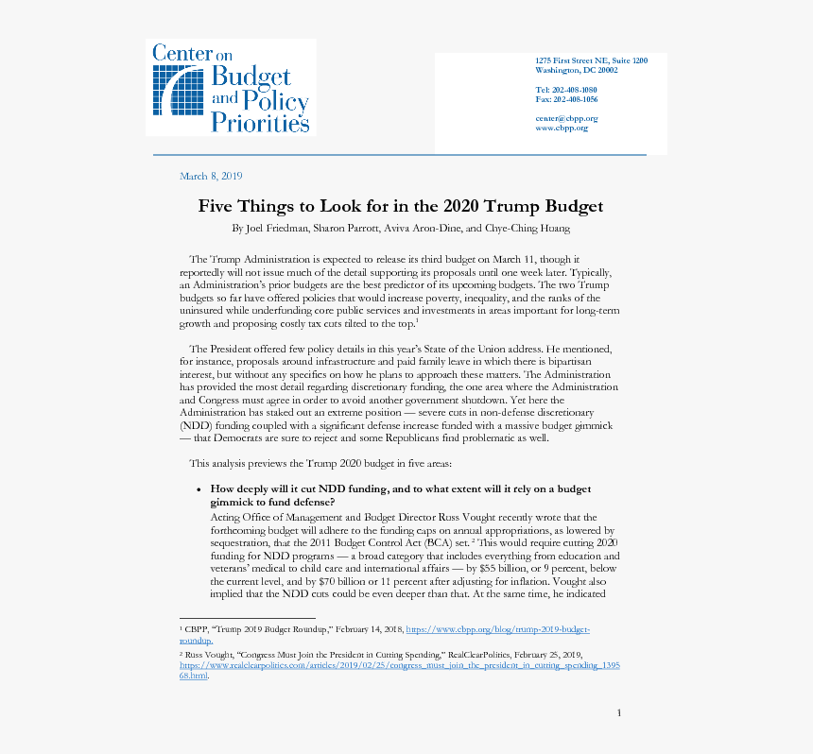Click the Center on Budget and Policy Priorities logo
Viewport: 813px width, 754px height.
pos(231,87)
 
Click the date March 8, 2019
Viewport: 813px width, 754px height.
pos(211,177)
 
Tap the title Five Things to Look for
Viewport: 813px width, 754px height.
pos(400,206)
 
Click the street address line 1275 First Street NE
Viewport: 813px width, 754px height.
pos(591,60)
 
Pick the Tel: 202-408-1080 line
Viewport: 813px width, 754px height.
pos(565,90)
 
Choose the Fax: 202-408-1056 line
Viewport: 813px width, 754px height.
pos(565,99)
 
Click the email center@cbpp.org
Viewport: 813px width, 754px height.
pos(565,119)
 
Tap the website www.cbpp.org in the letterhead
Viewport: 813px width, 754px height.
pos(562,129)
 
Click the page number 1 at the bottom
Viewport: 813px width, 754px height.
pos(618,712)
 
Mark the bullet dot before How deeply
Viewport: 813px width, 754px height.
pos(198,489)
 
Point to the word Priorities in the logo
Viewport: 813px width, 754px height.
pos(260,122)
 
